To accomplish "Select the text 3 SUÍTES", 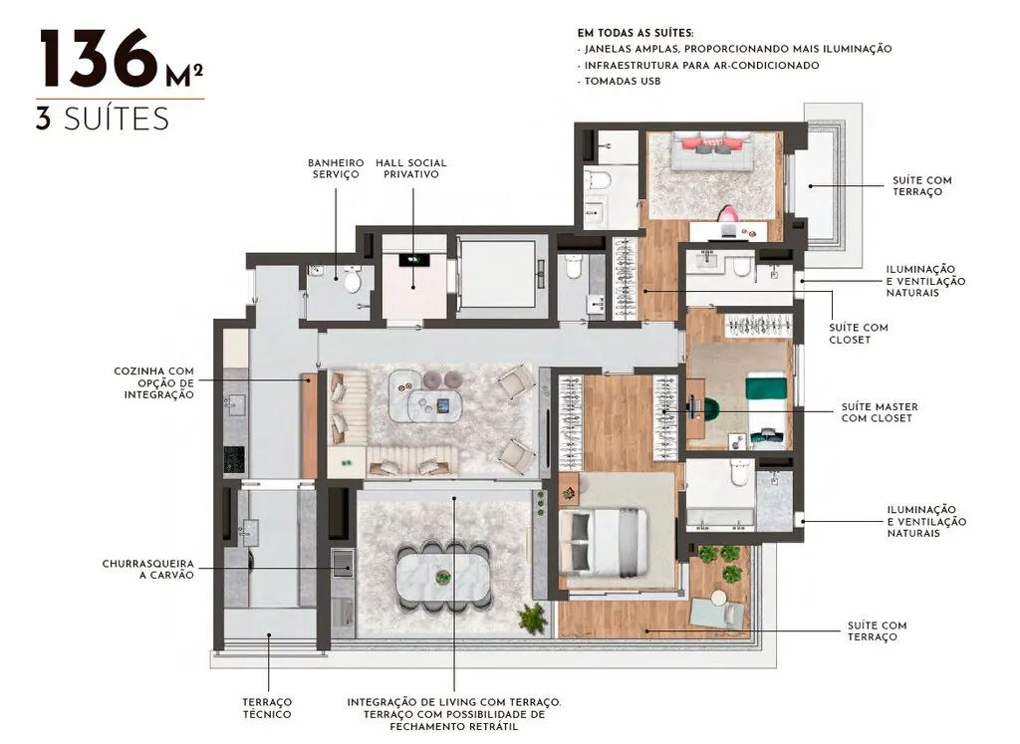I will (x=102, y=119).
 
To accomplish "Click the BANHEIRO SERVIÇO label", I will (x=335, y=168).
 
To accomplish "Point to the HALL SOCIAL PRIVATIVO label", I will (x=410, y=168).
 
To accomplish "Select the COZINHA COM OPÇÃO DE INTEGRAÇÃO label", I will (x=153, y=382).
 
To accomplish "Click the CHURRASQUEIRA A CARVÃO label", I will (x=147, y=569).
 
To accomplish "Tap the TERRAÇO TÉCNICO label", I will (x=268, y=708).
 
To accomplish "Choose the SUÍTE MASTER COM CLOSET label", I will (x=880, y=412).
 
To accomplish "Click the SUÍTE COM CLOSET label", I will (x=858, y=333).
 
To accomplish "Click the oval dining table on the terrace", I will (x=443, y=579).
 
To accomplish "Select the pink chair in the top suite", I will (x=730, y=214).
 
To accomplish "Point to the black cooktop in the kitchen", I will (x=233, y=458).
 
